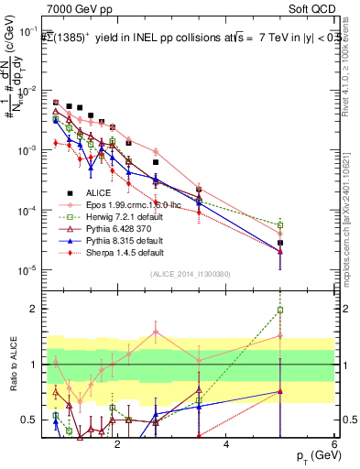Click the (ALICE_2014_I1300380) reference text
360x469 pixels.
tap(190, 274)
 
